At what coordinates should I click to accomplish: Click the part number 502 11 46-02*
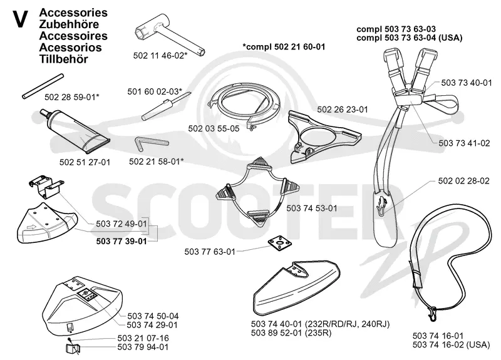(160, 56)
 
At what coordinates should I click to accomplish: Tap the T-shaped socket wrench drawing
(168, 34)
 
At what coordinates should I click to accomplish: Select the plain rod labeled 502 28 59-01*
(43, 86)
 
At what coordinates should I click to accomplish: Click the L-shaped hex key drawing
(151, 144)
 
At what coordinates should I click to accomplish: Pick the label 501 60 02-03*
(155, 91)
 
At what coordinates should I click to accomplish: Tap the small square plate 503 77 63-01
(280, 244)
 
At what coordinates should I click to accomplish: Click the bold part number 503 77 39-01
(121, 241)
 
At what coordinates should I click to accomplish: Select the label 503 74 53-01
(312, 208)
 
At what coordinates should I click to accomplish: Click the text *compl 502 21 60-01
(284, 46)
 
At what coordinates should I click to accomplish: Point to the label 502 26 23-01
(343, 110)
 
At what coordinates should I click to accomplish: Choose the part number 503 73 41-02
(464, 143)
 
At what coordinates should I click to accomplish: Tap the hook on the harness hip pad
(381, 205)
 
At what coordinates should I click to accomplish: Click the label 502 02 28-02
(463, 181)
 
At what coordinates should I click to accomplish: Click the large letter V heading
(20, 19)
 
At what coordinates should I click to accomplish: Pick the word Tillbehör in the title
(64, 59)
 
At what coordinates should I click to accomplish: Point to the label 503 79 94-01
(143, 347)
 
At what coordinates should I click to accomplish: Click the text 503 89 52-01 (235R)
(291, 333)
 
